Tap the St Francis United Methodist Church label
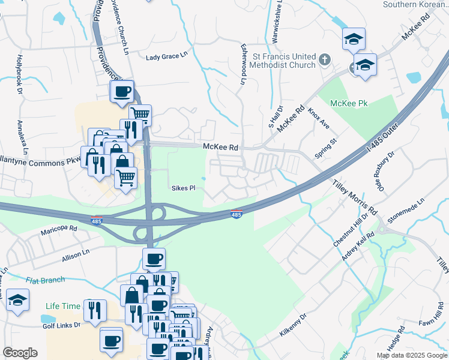tap(284, 61)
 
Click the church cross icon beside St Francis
tap(324, 59)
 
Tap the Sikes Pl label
tap(184, 188)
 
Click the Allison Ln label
tap(75, 257)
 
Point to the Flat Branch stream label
tap(45, 280)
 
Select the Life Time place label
tap(63, 306)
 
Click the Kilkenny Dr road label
tap(292, 323)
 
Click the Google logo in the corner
tap(20, 353)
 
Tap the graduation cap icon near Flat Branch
tap(18, 299)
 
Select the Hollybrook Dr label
tap(19, 74)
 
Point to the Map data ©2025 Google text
tap(411, 355)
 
